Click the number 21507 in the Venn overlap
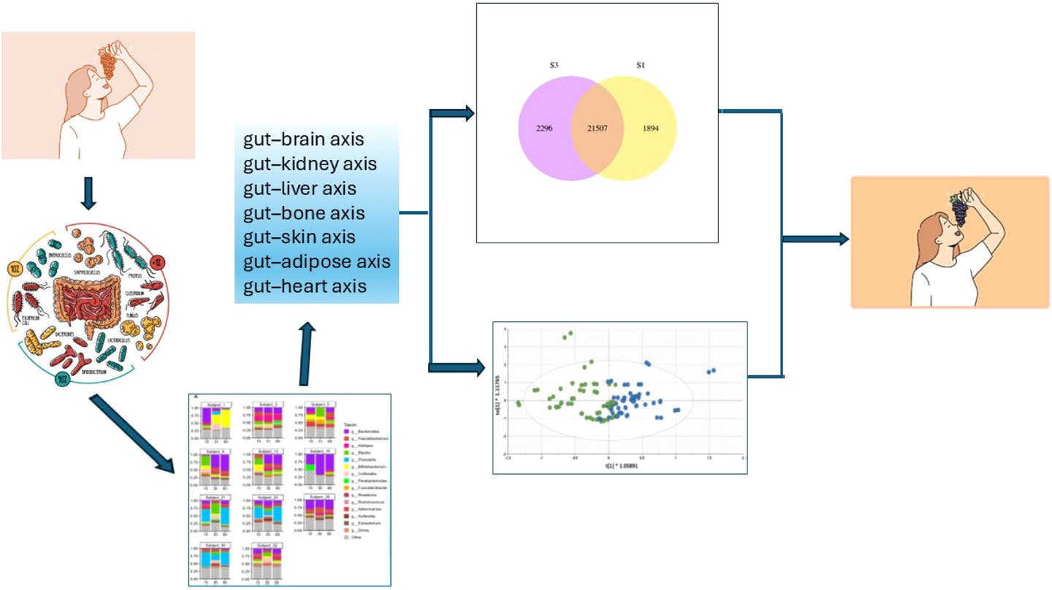point(596,129)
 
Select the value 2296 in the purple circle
point(544,129)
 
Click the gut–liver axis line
point(300,188)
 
